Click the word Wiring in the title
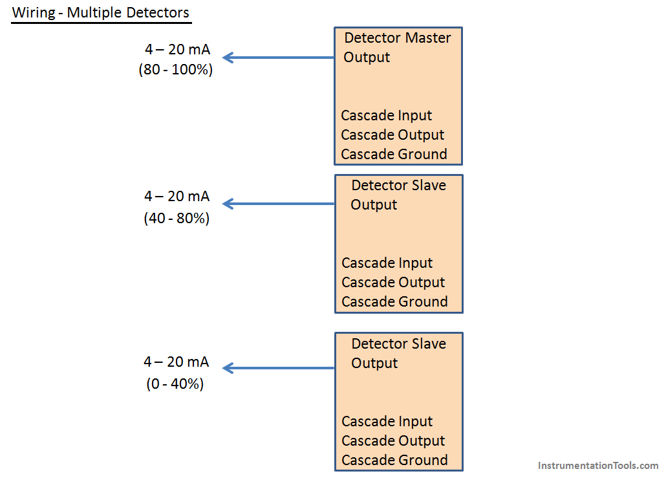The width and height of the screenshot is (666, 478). tap(34, 13)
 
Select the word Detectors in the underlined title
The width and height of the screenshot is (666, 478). tap(158, 13)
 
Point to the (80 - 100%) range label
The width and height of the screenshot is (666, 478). tap(175, 69)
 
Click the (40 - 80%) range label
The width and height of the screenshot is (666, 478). tap(177, 218)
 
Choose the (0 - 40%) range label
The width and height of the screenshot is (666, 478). tap(175, 384)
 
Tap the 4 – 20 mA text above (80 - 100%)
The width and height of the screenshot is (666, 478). tap(178, 49)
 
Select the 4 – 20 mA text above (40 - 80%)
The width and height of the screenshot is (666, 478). tap(177, 196)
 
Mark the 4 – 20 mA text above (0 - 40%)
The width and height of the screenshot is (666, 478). tap(177, 362)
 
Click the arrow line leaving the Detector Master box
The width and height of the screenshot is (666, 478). tap(279, 58)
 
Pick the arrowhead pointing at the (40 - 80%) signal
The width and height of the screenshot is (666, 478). tap(228, 204)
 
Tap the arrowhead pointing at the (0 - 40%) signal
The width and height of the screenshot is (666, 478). tap(228, 368)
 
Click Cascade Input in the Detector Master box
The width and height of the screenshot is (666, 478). tap(387, 116)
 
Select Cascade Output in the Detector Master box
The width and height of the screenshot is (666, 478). tap(392, 135)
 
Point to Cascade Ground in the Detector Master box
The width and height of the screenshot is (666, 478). tap(394, 154)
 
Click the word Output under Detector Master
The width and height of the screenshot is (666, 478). tap(367, 58)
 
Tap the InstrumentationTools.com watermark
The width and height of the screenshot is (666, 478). tap(598, 466)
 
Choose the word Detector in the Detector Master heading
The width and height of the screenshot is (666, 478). tap(372, 38)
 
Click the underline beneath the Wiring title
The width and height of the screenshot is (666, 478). tap(102, 23)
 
